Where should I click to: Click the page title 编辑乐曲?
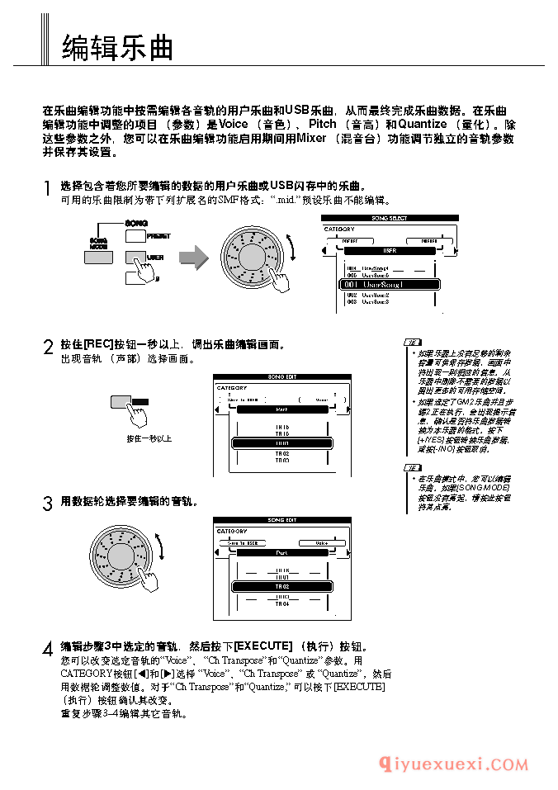pos(118,48)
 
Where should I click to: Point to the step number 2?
pos(49,348)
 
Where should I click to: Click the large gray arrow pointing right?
pos(194,257)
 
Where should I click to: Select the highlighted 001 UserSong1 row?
pos(389,284)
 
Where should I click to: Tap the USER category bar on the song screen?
pos(389,249)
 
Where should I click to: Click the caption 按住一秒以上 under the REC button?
pos(149,439)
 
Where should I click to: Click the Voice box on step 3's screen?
pos(320,542)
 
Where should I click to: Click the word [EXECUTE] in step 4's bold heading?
pos(263,646)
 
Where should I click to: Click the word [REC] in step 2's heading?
pos(98,344)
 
